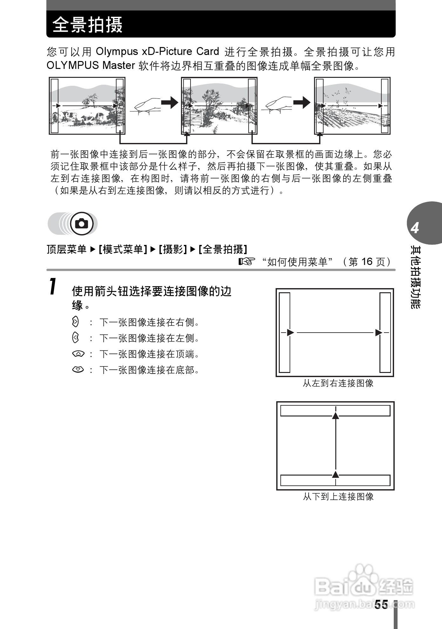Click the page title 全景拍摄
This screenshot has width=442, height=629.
coord(87,24)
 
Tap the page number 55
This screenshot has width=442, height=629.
coord(381,604)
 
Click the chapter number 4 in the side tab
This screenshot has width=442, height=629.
coord(415,228)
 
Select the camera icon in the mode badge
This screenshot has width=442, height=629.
coord(82,224)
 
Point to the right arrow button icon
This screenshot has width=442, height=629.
coord(75,322)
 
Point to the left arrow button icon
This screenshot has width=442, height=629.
coord(75,338)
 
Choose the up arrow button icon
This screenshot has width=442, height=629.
coord(78,354)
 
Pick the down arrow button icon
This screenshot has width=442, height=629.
coord(78,369)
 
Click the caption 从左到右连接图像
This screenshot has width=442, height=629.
coord(338,383)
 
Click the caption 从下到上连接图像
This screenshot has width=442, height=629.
coord(338,497)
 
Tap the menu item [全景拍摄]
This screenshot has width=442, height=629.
coord(223,249)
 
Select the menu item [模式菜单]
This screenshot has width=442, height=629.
coord(123,249)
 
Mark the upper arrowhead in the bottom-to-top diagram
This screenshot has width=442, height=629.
coord(336,416)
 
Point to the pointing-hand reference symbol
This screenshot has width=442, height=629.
coord(247,261)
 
